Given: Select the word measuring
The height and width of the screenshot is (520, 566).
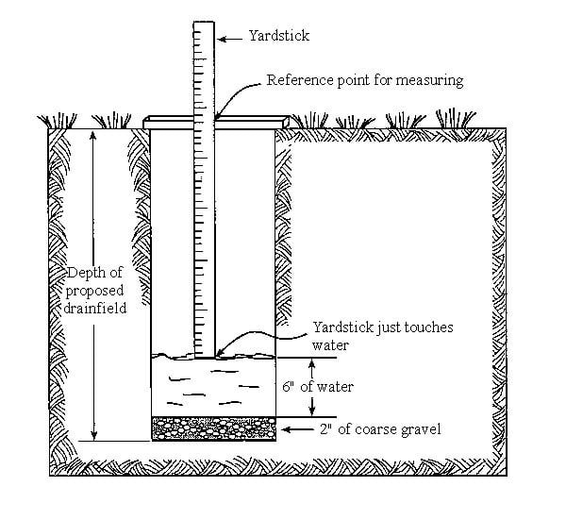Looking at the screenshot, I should (429, 80).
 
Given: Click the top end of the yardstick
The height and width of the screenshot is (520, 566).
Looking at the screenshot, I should (204, 21).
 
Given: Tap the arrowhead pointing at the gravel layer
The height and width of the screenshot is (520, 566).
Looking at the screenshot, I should (290, 430).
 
